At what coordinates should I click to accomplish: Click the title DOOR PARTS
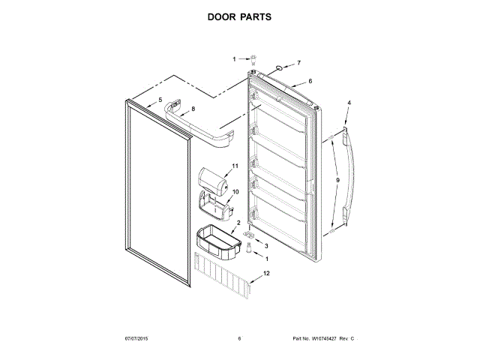(x=239, y=16)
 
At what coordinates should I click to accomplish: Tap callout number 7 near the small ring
(x=298, y=63)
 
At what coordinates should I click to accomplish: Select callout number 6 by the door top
(x=310, y=81)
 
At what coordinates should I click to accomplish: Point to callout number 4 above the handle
(x=348, y=102)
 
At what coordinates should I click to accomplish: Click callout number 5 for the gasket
(x=159, y=99)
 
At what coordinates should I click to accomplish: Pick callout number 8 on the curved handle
(x=193, y=109)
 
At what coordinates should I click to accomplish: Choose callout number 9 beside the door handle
(x=337, y=180)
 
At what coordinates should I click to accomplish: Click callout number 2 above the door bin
(x=238, y=223)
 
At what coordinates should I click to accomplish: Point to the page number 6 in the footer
(x=239, y=339)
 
